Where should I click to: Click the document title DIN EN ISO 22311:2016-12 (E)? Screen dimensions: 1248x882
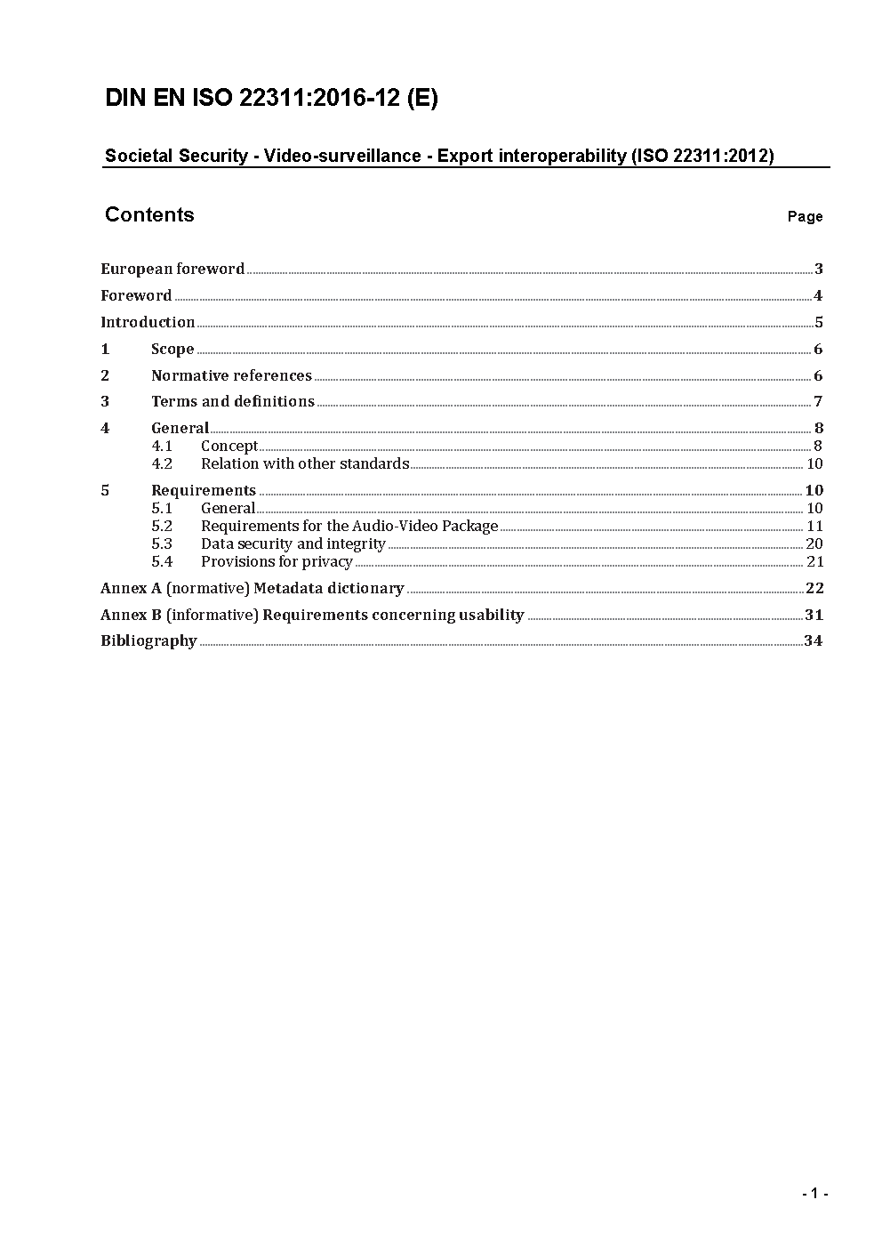click(x=271, y=98)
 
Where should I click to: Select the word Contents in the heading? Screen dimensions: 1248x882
click(x=149, y=214)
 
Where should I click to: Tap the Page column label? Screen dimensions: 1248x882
click(x=805, y=216)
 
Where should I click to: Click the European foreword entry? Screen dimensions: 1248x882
click(x=172, y=269)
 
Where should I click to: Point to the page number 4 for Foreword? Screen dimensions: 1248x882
click(x=818, y=295)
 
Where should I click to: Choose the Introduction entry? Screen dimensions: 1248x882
click(x=148, y=322)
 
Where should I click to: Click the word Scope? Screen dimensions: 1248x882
click(x=172, y=349)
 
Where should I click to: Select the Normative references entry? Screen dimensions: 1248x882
click(x=231, y=375)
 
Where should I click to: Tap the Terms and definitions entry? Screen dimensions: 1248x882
click(x=233, y=401)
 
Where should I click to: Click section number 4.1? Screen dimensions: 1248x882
click(x=162, y=446)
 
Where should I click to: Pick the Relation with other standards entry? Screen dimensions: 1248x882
click(x=305, y=463)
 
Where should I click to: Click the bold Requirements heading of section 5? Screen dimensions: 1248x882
click(x=204, y=490)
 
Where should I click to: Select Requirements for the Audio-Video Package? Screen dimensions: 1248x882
click(x=349, y=526)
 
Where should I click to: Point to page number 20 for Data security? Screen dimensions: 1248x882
click(x=814, y=543)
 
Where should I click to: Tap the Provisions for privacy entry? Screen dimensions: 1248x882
click(x=277, y=561)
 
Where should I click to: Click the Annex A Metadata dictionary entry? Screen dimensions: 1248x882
click(x=252, y=588)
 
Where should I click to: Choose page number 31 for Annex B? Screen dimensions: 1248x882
click(x=814, y=615)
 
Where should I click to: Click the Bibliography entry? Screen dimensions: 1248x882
click(x=148, y=640)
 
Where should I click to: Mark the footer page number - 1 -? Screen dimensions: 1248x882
click(x=814, y=1194)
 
